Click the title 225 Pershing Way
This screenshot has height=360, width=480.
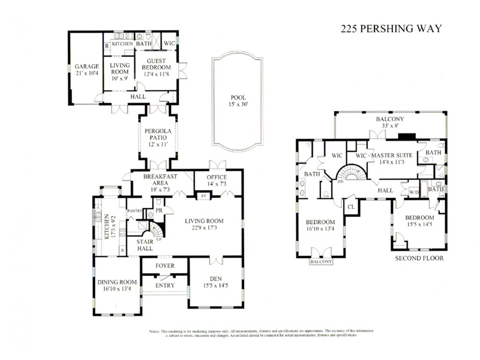[x=391, y=28]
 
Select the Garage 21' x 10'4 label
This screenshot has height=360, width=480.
[x=85, y=70]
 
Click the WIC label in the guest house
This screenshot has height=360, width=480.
[x=170, y=43]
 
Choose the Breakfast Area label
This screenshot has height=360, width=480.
[x=160, y=180]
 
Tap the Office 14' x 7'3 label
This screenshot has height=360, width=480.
[x=216, y=180]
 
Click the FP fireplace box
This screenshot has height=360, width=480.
[x=203, y=195]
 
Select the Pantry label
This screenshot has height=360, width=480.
[x=134, y=211]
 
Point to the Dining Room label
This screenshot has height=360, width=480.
[x=116, y=284]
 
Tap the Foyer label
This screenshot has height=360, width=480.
[x=165, y=266]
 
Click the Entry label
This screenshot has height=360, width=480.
[x=165, y=285]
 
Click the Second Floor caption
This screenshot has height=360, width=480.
[x=419, y=258]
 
